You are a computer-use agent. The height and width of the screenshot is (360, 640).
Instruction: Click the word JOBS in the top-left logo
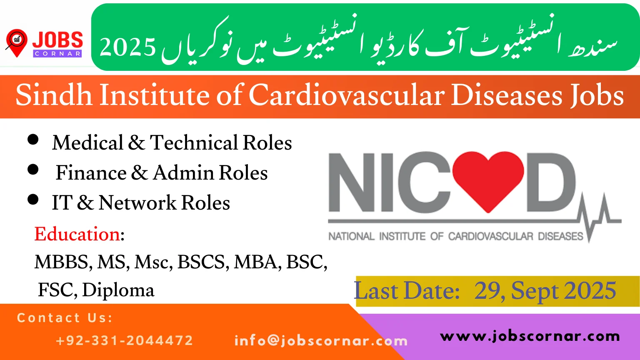coord(57,40)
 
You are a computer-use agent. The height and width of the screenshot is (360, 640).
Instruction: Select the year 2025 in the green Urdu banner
coord(128,47)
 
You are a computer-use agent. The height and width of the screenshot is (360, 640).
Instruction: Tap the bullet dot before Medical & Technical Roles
coord(33,140)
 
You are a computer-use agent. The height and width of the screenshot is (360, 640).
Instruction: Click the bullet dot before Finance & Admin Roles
coord(33,170)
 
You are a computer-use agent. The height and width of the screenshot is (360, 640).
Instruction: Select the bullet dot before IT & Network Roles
coord(33,200)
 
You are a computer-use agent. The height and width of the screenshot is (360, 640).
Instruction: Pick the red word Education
coord(77,234)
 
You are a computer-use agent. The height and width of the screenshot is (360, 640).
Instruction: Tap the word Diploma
coord(118,290)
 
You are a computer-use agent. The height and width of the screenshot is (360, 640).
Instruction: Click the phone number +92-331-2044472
coord(125,340)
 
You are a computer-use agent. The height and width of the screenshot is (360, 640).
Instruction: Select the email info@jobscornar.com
coord(321,341)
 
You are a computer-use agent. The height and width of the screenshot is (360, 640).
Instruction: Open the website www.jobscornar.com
coord(530,336)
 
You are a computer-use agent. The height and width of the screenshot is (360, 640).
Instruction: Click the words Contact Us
coord(65,318)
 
